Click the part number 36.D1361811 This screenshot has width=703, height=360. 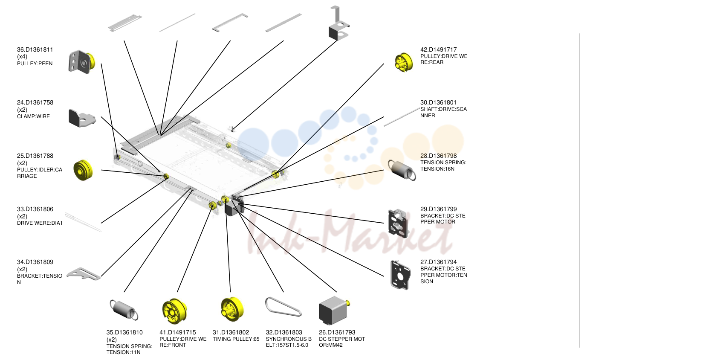click(x=35, y=49)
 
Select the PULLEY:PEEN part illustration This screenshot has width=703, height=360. click(x=81, y=62)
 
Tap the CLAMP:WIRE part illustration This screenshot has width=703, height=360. click(x=82, y=118)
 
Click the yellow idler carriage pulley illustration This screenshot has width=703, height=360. click(x=83, y=170)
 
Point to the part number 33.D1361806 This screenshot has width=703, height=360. click(x=35, y=209)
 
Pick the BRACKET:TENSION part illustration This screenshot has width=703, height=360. click(x=84, y=273)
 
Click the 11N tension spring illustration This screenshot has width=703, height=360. click(x=124, y=310)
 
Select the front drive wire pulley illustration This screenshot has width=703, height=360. click(x=174, y=311)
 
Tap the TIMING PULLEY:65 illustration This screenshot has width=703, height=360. click(x=232, y=309)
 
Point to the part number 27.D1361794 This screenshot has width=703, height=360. click(x=438, y=262)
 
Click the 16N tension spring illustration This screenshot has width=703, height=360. click(x=402, y=170)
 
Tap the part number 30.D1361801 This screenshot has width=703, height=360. click(x=438, y=102)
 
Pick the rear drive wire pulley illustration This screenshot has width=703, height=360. click(x=404, y=63)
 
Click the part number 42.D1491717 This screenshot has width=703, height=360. click(x=438, y=49)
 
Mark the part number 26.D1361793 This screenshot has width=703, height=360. click(x=337, y=332)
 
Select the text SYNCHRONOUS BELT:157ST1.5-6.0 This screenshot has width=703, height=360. click(x=289, y=342)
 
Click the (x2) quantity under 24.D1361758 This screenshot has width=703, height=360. click(x=22, y=110)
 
